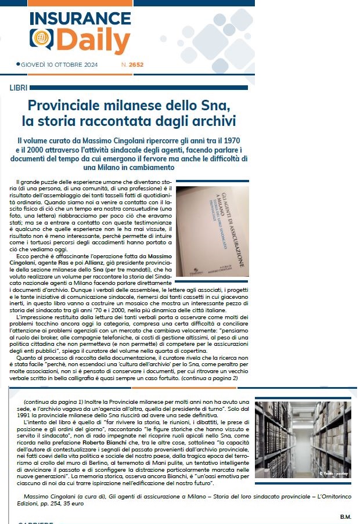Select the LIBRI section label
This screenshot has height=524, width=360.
(x=19, y=88)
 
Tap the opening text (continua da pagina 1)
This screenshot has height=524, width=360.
(x=55, y=402)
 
